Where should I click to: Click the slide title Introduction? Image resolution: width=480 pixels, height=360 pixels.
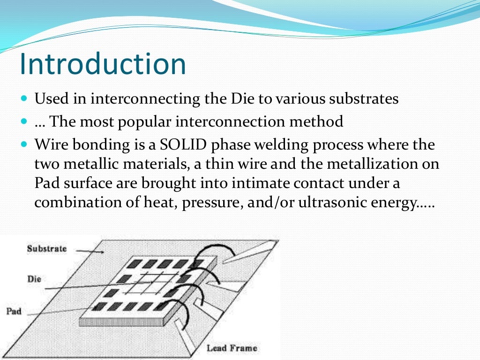tap(103, 64)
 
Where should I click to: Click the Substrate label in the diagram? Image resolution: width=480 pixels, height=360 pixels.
tap(47, 248)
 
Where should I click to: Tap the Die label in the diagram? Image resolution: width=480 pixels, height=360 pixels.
tap(34, 279)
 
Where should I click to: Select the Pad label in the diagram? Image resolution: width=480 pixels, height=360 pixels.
tap(14, 311)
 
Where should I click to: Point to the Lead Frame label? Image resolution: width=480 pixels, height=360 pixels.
tap(232, 348)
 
